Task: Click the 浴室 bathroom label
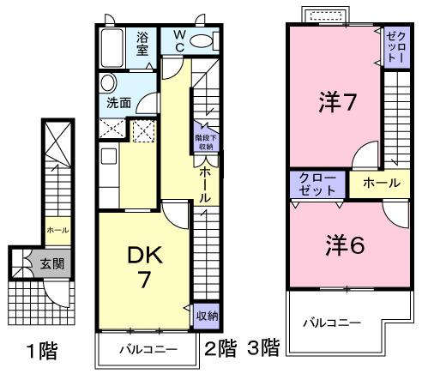143,42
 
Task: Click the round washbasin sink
107,83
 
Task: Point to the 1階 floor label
39,350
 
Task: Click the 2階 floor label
220,347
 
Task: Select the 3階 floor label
263,347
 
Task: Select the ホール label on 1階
57,230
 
